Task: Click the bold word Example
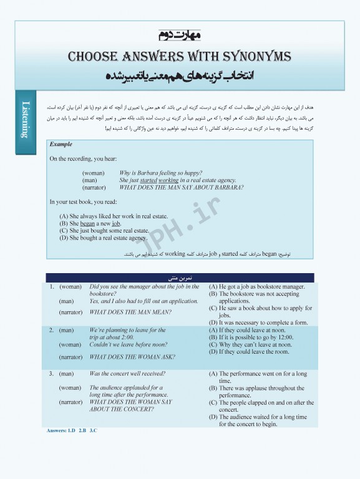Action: coord(61,144)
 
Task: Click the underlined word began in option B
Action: coord(87,223)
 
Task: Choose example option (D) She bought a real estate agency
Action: coord(103,238)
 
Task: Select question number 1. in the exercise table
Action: coord(52,287)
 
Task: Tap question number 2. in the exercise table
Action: coord(52,330)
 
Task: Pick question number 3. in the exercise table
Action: coord(52,374)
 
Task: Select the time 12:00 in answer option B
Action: coord(285,337)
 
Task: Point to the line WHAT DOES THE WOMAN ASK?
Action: coord(132,357)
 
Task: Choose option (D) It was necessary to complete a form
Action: coord(258,322)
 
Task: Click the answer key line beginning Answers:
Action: coord(72,431)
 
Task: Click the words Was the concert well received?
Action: coord(127,374)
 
